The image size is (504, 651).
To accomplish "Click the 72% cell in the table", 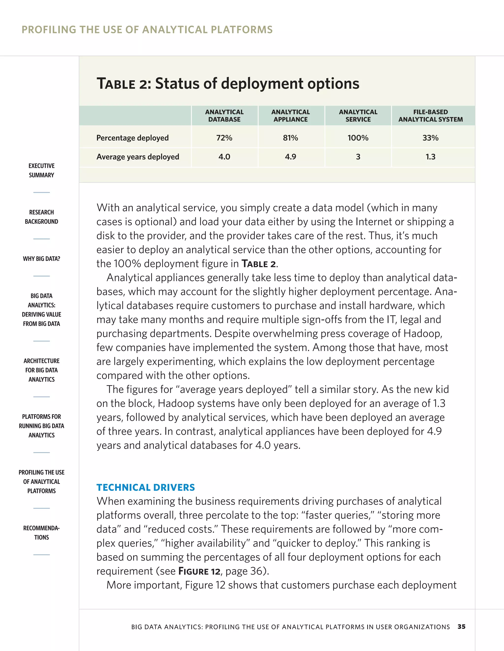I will pos(224,138).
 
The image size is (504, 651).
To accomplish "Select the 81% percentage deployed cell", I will pos(291,138).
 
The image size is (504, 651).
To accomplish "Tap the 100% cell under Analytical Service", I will pos(358,138).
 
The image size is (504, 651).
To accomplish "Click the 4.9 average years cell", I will pos(291,157).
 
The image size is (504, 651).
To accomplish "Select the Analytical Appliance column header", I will pos(291,116).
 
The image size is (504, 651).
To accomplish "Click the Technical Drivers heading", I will pos(145,487).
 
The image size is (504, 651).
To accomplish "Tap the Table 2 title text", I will pos(228,84).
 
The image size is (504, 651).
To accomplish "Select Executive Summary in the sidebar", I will pos(42,170).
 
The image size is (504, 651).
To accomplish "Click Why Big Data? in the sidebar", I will pos(42,259).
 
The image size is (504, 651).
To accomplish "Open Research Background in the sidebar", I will pos(42,217).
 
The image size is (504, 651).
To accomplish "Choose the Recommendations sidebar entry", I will pos(42,533).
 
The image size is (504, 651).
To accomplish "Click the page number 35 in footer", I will pos(461,627).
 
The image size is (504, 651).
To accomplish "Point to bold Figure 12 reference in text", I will pos(199,571).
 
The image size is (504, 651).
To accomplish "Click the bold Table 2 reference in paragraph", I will pos(259,264).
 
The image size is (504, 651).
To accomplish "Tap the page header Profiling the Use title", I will pos(147,29).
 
